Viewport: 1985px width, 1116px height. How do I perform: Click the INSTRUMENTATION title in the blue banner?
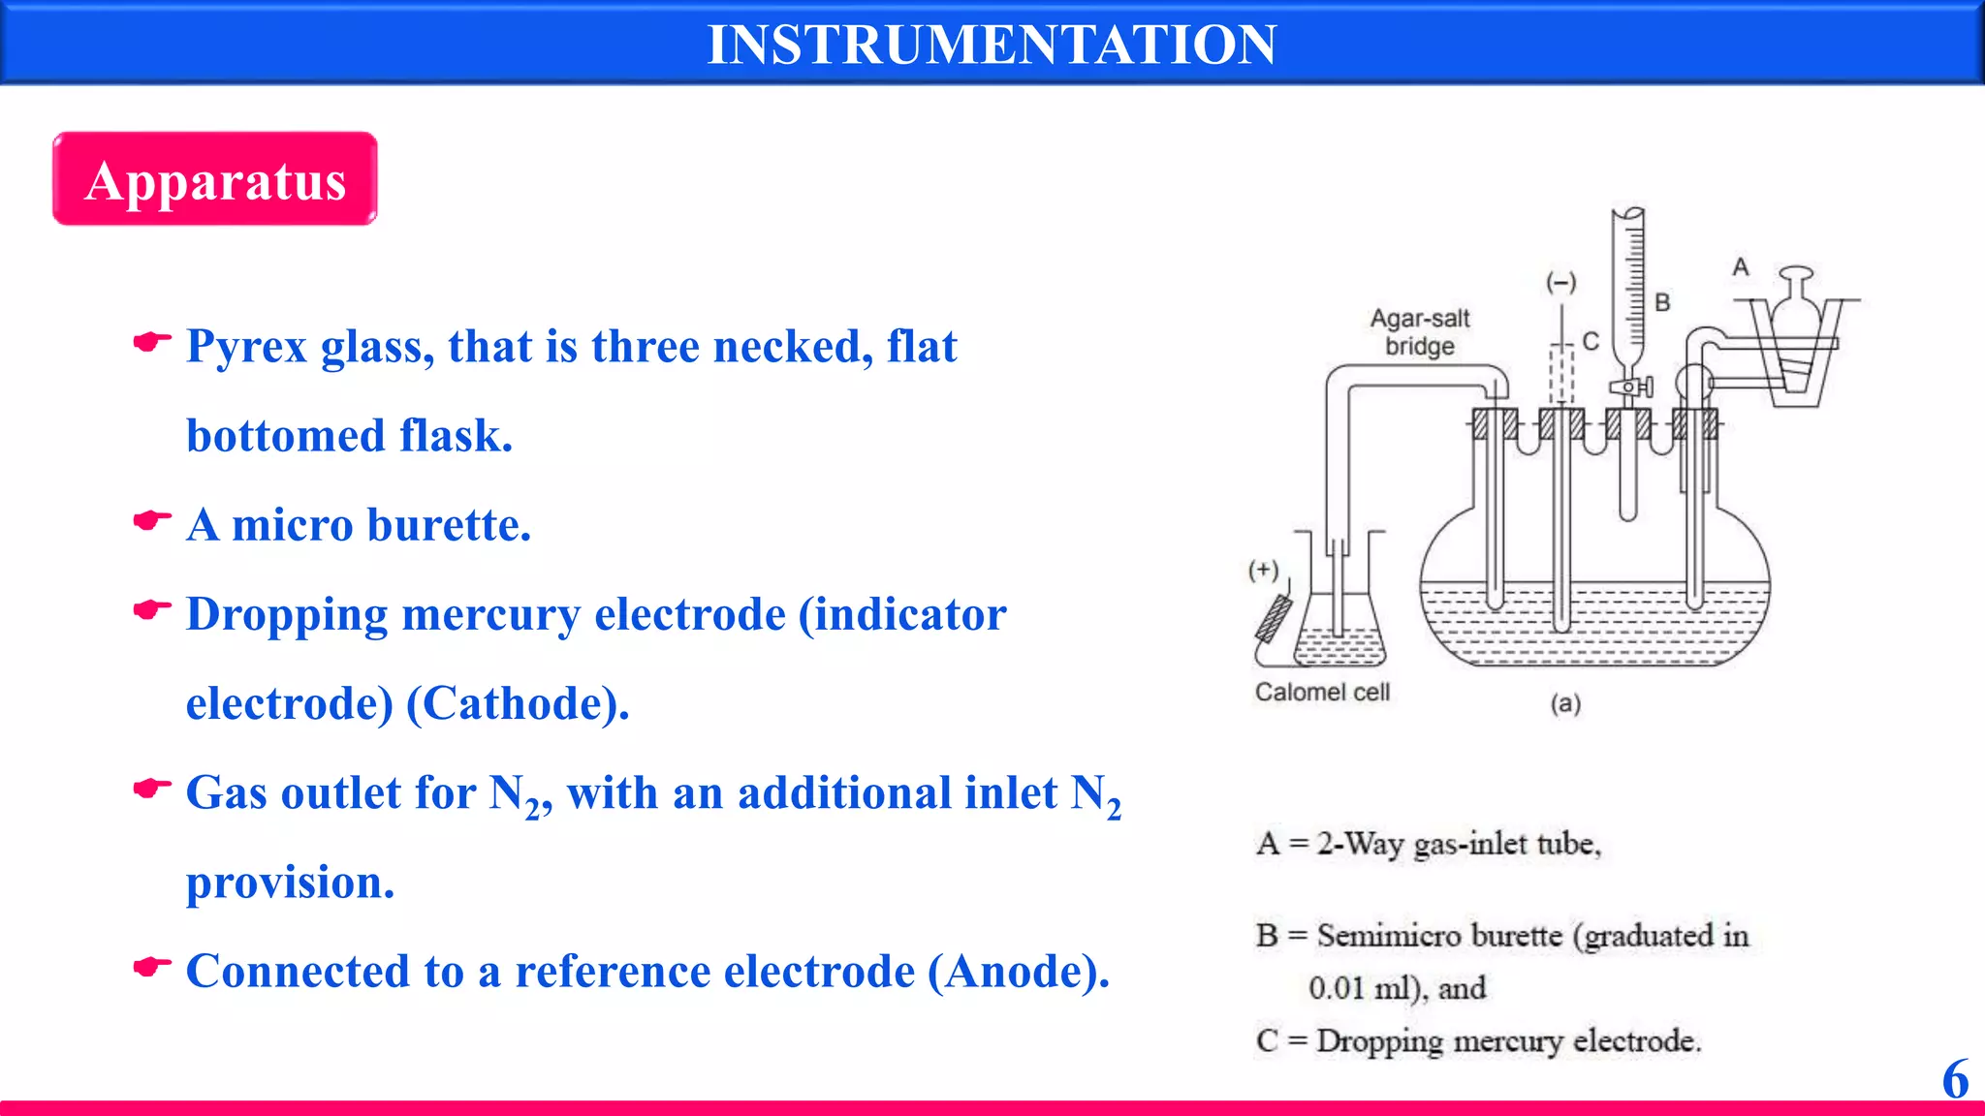[992, 45]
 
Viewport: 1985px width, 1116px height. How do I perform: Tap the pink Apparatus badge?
[215, 180]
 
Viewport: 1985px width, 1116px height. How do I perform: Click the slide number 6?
[1955, 1079]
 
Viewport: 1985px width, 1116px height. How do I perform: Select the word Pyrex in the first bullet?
[246, 347]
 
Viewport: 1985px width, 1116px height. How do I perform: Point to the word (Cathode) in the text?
[518, 703]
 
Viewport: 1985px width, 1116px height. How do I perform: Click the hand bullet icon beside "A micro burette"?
[152, 521]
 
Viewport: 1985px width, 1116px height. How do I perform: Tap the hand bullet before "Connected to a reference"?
[152, 967]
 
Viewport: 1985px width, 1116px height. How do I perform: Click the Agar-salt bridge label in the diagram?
[1420, 332]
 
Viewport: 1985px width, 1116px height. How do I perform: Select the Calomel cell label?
[1322, 692]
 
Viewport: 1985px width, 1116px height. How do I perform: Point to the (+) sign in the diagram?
[1263, 570]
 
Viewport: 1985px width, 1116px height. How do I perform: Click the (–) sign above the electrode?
[1560, 283]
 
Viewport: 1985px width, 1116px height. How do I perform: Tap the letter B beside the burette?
[1663, 303]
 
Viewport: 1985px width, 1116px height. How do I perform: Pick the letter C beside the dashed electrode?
[1591, 341]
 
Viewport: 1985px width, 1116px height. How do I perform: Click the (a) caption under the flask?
[1565, 703]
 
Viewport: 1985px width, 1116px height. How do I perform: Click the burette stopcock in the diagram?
[1631, 387]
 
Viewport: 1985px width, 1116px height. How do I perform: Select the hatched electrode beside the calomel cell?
[1274, 619]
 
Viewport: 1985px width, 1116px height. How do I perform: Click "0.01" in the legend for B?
[1336, 988]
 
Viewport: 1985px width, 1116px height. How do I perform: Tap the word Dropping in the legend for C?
[1379, 1040]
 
